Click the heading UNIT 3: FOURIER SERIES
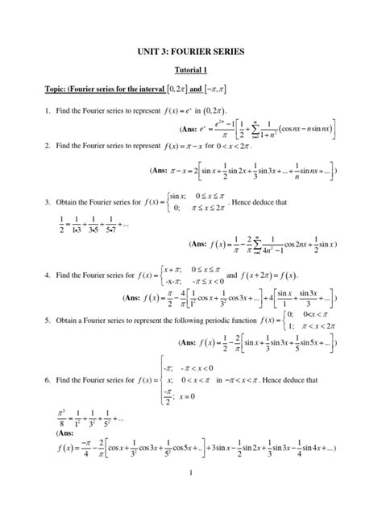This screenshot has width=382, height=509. [191, 52]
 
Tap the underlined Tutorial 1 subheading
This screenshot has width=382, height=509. [191, 71]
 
